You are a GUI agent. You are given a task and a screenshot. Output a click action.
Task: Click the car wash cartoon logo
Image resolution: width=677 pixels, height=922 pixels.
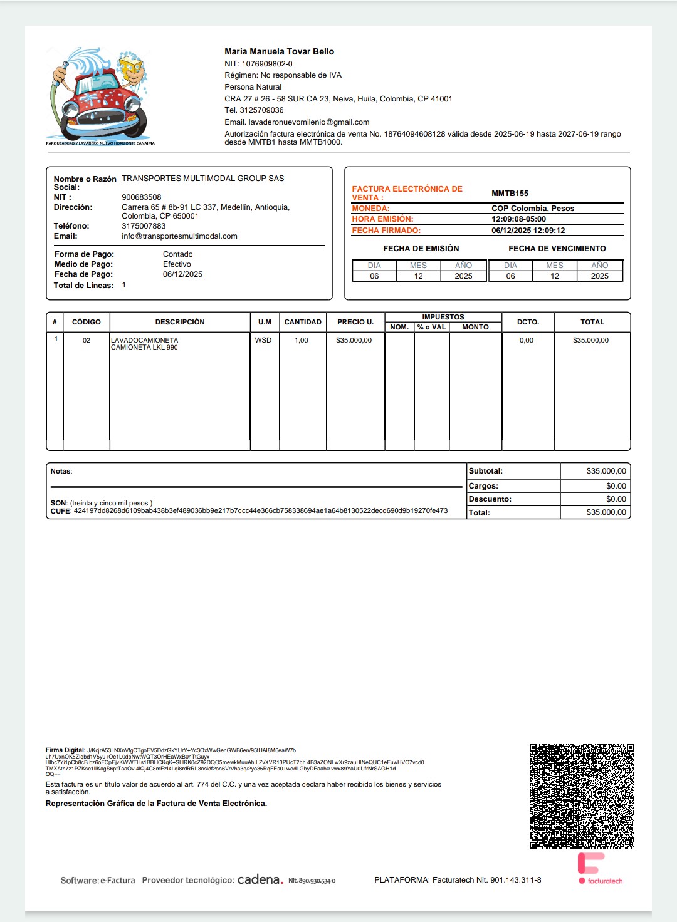point(100,96)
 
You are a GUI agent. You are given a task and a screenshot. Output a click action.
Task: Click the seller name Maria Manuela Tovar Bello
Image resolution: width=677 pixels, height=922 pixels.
point(279,51)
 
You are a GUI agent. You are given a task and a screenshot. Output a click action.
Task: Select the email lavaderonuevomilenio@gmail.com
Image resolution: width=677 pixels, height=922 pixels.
point(308,122)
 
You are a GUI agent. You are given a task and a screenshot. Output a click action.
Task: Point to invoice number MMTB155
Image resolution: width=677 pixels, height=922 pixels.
point(510,194)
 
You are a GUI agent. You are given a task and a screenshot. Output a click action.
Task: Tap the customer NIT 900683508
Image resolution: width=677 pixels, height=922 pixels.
point(141,197)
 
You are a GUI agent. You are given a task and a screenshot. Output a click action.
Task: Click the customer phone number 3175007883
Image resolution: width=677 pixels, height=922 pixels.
point(144,226)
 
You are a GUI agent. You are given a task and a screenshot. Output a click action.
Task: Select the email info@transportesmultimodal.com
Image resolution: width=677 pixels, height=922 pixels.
point(179,236)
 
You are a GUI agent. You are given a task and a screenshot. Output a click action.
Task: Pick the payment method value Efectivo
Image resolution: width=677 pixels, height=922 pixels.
point(177,264)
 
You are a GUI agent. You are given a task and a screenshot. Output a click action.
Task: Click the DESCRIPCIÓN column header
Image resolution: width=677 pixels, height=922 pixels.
point(180,322)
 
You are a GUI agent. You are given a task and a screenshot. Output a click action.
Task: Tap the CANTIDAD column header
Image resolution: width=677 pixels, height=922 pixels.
point(303,322)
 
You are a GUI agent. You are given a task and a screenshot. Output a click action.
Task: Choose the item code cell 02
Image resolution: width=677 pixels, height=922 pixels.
point(87,341)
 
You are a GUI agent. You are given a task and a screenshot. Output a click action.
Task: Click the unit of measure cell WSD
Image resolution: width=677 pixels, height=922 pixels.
point(263,340)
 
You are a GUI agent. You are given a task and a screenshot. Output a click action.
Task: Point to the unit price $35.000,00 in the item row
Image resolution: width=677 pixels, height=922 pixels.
point(354,340)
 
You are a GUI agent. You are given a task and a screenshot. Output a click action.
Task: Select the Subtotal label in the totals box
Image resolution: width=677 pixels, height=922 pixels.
point(486,471)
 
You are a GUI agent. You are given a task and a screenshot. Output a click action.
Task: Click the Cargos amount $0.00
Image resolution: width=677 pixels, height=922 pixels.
point(616,486)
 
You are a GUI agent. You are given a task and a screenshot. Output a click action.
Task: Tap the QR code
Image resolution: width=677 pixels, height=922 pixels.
point(582,796)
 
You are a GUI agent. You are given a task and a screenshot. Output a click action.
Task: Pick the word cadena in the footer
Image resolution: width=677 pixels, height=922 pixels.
point(259,879)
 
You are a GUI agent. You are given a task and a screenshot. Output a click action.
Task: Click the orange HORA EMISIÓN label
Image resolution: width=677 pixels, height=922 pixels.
point(382,219)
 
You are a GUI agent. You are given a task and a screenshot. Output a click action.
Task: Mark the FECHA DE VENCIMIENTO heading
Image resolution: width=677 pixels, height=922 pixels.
point(557,249)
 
